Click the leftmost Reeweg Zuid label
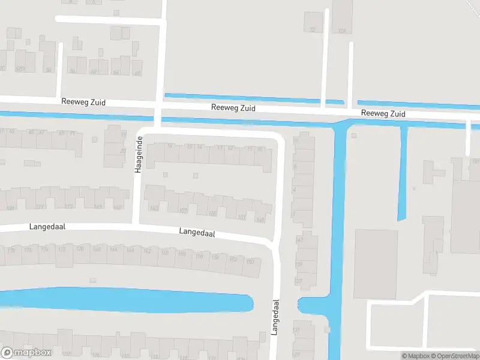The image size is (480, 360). (x=83, y=103)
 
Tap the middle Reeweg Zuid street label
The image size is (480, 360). (x=233, y=108)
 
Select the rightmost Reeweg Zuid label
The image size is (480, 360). (x=383, y=113)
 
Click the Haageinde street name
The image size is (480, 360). (x=138, y=155)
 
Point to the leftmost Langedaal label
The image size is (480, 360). (x=46, y=227)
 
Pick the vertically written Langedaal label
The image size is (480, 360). (x=276, y=317)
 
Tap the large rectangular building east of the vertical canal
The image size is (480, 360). (x=376, y=263)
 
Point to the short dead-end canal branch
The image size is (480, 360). (x=403, y=174)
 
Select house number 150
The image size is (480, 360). (x=251, y=263)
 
